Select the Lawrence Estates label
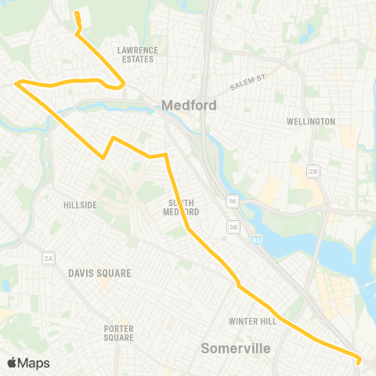click(x=138, y=54)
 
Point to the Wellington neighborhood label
click(x=311, y=121)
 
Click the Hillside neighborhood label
click(x=80, y=205)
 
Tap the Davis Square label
click(x=99, y=273)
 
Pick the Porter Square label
click(x=119, y=333)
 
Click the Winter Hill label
click(x=249, y=321)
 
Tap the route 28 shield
click(x=313, y=171)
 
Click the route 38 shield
click(x=233, y=228)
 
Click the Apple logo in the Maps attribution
click(x=12, y=363)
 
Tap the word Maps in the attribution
click(x=34, y=363)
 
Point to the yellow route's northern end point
click(x=76, y=13)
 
